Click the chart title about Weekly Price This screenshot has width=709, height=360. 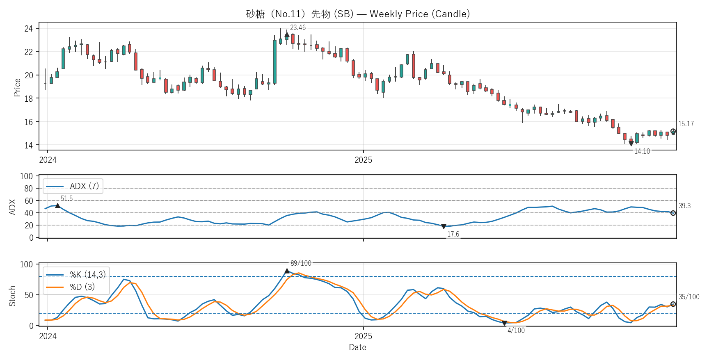pyautogui.click(x=358, y=14)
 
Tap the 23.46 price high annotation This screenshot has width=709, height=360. pyautogui.click(x=298, y=27)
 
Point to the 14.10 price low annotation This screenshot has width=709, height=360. pyautogui.click(x=642, y=151)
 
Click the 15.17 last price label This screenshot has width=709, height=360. pyautogui.click(x=686, y=124)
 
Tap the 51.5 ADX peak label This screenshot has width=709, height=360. pyautogui.click(x=66, y=198)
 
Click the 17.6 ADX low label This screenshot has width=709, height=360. pyautogui.click(x=453, y=234)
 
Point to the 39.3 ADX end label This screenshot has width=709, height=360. pyautogui.click(x=684, y=206)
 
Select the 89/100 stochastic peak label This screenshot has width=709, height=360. pyautogui.click(x=301, y=263)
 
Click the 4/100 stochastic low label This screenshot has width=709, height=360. pyautogui.click(x=516, y=330)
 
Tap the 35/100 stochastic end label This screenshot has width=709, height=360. pyautogui.click(x=689, y=297)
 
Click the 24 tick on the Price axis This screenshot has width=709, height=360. pyautogui.click(x=28, y=29)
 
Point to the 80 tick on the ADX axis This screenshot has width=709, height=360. pyautogui.click(x=28, y=189)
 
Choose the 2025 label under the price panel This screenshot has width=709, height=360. pyautogui.click(x=363, y=160)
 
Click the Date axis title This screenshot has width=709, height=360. pyautogui.click(x=357, y=347)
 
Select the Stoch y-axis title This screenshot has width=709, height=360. pyautogui.click(x=12, y=296)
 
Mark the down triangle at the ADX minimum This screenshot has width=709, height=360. pyautogui.click(x=444, y=226)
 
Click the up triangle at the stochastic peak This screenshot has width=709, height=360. pyautogui.click(x=287, y=271)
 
